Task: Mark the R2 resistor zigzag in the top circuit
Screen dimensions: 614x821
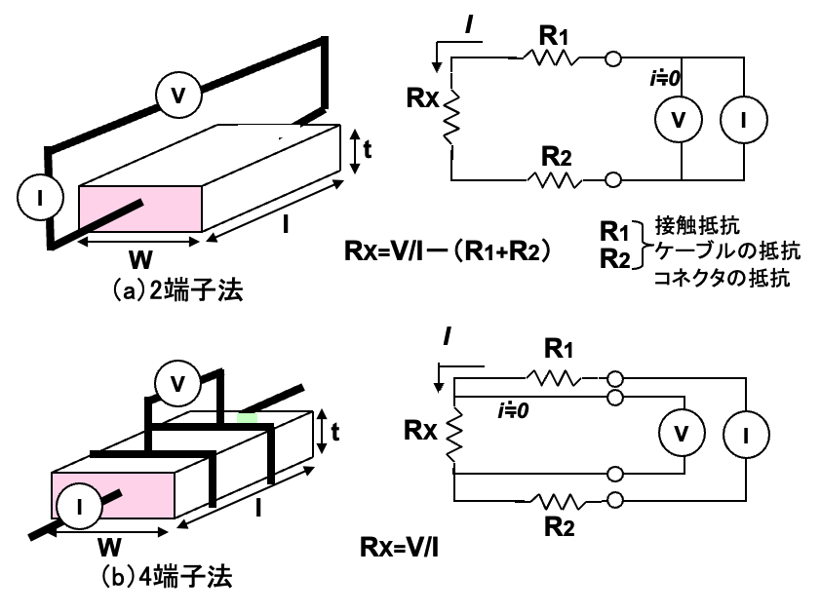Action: [x=554, y=180]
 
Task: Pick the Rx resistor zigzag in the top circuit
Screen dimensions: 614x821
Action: [x=451, y=117]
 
